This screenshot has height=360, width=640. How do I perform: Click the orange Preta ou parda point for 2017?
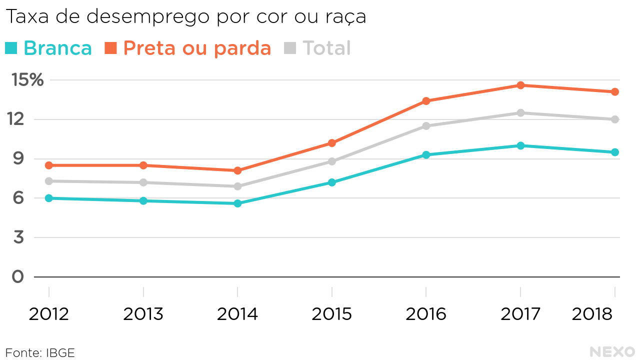coord(520,85)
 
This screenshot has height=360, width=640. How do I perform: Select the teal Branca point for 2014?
coord(237,203)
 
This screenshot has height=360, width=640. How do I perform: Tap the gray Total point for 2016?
coord(426,126)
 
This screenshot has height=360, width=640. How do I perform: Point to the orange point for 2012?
coord(49,165)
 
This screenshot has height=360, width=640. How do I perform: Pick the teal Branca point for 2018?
coord(614,152)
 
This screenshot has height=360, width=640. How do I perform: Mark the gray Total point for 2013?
coord(143,182)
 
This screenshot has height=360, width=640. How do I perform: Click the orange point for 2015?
coord(332,143)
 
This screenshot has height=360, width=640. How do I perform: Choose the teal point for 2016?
coord(426,155)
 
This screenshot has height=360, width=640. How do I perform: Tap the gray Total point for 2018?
coord(614,119)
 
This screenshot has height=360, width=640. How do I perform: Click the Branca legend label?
coord(57,48)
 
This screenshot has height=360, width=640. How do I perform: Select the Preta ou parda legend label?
coord(197,48)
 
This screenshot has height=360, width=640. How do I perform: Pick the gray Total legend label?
coord(326,48)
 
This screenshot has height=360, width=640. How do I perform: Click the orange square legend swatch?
coord(110,48)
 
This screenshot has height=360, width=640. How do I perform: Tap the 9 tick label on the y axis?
coord(18,159)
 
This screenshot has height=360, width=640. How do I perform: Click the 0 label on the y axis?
coord(18,276)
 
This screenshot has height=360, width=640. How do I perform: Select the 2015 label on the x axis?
coord(332,314)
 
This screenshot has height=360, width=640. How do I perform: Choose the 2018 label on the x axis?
coord(592,314)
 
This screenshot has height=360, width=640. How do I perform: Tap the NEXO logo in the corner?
coord(612,351)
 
